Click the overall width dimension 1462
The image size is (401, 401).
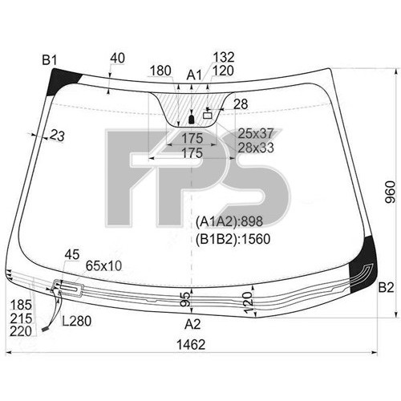(191, 345)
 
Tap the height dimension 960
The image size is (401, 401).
(390, 192)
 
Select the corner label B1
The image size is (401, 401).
(50, 60)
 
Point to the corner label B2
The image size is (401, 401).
(386, 288)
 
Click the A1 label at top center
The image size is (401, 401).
(194, 75)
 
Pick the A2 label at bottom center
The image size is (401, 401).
(192, 324)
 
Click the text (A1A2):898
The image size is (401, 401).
(229, 221)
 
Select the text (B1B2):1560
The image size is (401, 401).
(233, 239)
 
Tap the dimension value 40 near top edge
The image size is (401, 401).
(117, 58)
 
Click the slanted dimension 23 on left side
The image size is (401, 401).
(57, 136)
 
